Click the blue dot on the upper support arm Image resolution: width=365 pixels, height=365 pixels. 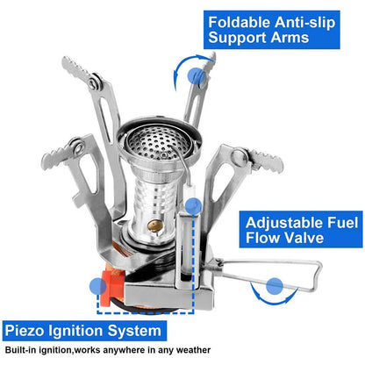197,77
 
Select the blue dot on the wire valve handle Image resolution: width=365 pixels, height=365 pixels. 275,285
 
